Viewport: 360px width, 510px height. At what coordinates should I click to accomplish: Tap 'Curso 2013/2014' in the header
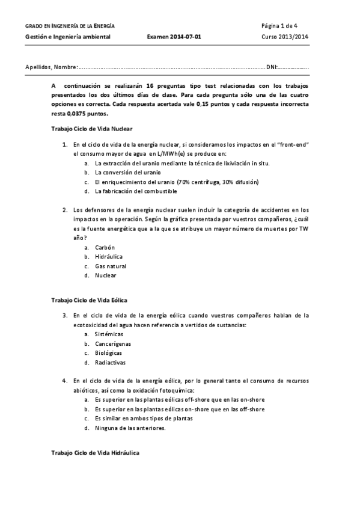point(285,37)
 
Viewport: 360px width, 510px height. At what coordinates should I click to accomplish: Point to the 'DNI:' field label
point(272,67)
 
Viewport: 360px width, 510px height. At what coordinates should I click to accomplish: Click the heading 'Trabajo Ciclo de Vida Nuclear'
point(92,129)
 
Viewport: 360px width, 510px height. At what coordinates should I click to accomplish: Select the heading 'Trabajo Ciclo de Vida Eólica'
point(89,299)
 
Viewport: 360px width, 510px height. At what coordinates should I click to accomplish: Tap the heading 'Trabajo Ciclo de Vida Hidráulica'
point(95,452)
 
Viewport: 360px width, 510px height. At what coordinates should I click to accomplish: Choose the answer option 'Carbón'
point(105,247)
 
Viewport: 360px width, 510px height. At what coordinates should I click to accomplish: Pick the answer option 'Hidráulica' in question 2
point(108,257)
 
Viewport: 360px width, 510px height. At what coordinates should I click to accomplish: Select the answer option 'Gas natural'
point(111,266)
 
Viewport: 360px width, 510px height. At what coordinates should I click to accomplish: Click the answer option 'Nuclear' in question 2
point(106,275)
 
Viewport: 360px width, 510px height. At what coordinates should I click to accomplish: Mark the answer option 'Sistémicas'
point(109,334)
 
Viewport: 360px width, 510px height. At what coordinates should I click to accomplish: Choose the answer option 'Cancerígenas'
point(113,343)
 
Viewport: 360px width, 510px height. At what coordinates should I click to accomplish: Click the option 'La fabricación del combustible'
point(136,191)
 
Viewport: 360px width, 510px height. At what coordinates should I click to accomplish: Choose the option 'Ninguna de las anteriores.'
point(130,428)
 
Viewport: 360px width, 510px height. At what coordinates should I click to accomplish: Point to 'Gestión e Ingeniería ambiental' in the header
point(76,37)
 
